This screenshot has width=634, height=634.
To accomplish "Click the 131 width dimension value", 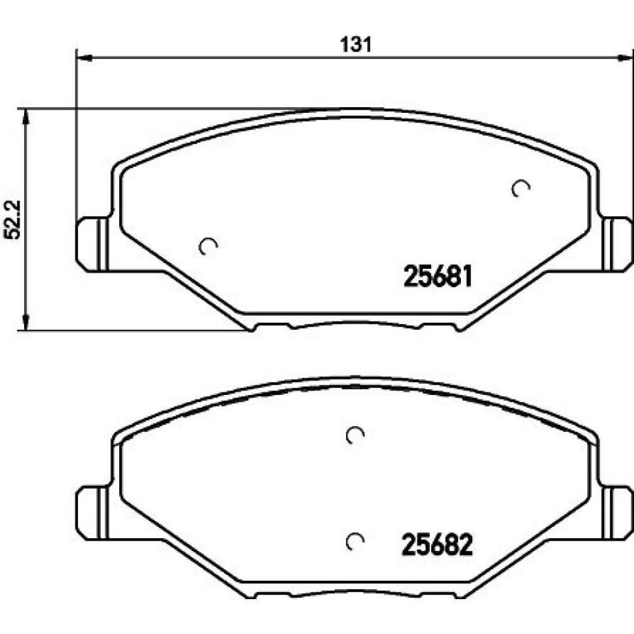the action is coord(356,44).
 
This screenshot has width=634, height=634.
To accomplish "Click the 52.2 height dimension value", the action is coord(13,220).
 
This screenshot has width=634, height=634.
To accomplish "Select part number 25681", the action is coord(438,276).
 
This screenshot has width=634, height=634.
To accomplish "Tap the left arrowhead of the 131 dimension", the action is coord(84,58).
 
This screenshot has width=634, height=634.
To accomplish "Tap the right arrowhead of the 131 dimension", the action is coord(626,58).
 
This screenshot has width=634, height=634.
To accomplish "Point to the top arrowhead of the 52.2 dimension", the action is coord(25,117).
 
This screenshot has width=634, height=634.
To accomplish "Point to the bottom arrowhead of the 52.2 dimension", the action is coord(25,322).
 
